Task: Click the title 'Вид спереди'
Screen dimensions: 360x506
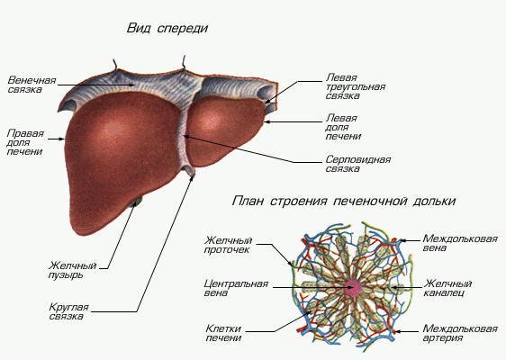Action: [x=167, y=29]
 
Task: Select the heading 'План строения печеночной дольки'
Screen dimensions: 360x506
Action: [x=343, y=201]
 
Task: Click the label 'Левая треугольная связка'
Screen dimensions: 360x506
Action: [x=355, y=86]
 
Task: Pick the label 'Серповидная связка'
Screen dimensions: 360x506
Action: [x=357, y=164]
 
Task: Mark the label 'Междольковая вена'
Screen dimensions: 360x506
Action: [x=459, y=246]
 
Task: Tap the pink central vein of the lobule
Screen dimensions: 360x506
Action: [x=351, y=289]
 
